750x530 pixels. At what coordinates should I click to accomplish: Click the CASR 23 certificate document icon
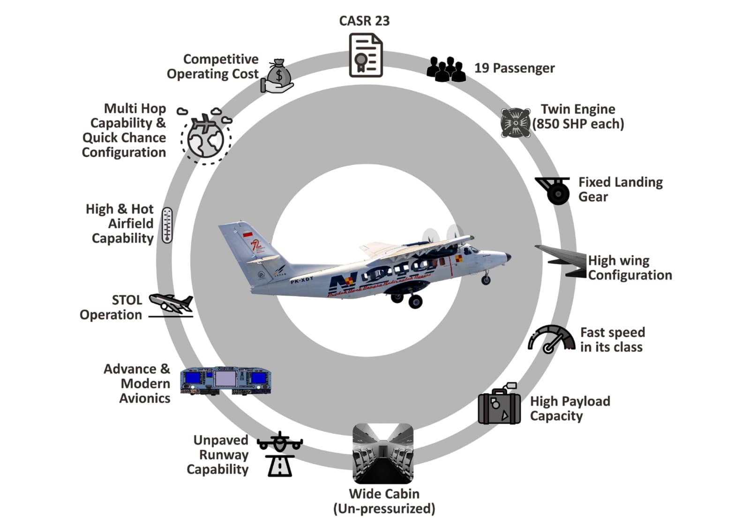366,55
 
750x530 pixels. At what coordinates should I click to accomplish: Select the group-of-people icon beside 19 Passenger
446,69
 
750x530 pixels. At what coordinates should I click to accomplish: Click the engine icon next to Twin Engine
515,123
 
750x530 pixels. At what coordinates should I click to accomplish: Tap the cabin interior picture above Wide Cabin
383,454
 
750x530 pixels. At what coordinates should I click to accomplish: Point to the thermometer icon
167,225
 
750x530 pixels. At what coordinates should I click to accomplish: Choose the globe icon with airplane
206,136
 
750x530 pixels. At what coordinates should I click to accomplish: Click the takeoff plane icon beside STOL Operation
171,303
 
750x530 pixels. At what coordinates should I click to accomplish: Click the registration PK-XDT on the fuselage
301,280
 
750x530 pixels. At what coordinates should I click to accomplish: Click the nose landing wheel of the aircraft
486,280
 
